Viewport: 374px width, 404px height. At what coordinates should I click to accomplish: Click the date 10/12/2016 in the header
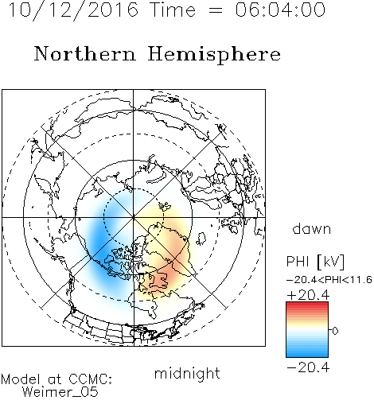point(73,10)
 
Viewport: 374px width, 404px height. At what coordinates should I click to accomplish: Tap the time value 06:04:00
point(280,10)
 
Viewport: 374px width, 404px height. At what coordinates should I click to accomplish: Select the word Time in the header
point(173,10)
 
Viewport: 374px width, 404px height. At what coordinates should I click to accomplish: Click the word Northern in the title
point(85,54)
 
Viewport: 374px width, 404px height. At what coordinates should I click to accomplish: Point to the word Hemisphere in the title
point(214,55)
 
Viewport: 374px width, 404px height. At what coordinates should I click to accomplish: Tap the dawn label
point(312,228)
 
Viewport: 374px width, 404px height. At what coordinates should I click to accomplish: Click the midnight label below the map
point(187,373)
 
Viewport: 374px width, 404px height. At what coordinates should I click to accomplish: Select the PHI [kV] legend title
point(315,262)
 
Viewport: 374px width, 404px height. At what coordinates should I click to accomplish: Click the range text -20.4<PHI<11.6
point(329,280)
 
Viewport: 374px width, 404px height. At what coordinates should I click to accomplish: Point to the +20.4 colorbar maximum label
point(308,295)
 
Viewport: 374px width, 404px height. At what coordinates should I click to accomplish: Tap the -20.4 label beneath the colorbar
point(308,367)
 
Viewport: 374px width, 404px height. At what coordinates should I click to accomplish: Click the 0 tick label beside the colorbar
point(335,331)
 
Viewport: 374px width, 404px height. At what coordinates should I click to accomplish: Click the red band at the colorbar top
point(307,305)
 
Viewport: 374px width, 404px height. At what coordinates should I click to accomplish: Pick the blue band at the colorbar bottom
point(307,353)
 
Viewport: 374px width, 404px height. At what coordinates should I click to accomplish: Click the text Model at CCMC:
point(56,379)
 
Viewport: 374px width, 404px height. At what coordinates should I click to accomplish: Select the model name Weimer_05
point(60,392)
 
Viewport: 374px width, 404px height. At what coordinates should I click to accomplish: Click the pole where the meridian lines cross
point(134,217)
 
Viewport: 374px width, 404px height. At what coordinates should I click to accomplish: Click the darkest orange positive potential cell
point(166,276)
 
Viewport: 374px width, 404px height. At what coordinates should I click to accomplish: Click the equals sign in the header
point(216,10)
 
